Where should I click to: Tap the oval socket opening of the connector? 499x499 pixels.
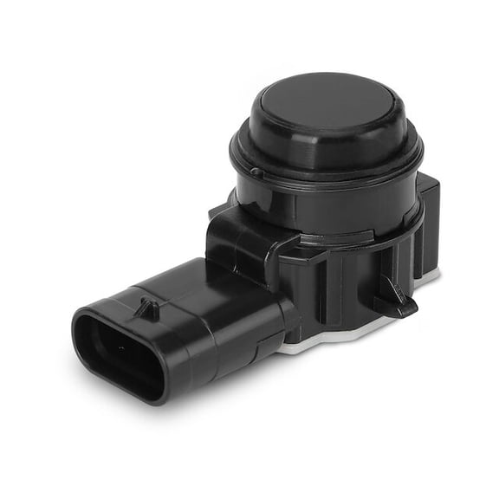coord(116,350)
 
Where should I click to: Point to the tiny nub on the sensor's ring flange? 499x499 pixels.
coord(257,172)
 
